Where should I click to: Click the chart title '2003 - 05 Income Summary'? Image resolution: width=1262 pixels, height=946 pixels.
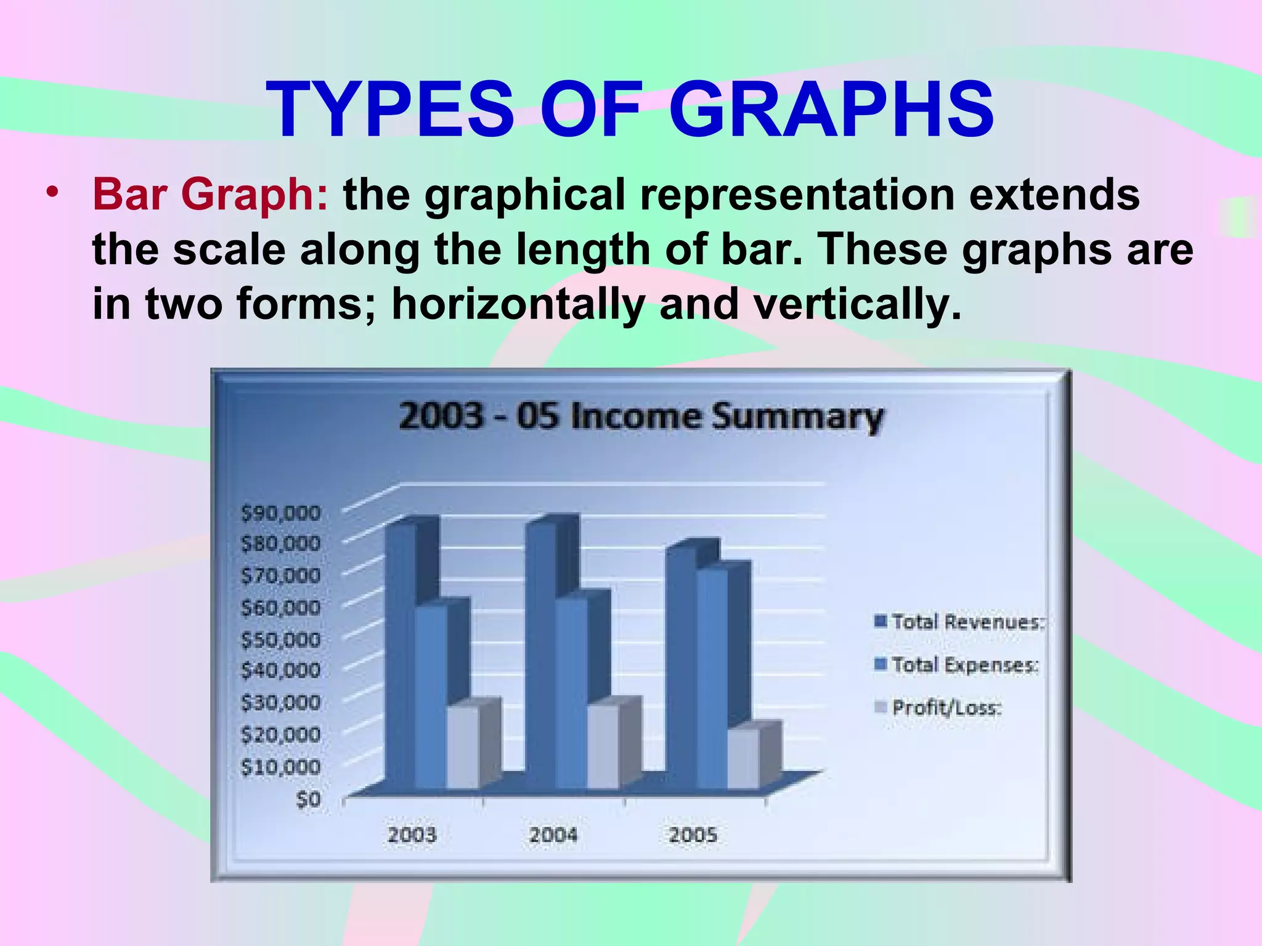click(641, 417)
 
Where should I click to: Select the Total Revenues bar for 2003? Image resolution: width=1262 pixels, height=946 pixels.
click(400, 653)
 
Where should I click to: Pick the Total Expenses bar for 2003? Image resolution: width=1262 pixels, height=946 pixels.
click(431, 696)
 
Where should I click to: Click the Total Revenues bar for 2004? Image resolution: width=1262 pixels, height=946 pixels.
click(540, 653)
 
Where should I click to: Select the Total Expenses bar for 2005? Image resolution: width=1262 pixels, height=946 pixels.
click(712, 677)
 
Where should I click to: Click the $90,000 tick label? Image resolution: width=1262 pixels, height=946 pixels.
click(280, 513)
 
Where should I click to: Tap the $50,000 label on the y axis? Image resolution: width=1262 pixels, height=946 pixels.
click(280, 640)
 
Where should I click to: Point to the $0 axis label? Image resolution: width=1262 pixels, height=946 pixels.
click(308, 799)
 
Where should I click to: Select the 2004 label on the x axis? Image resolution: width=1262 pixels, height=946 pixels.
click(553, 835)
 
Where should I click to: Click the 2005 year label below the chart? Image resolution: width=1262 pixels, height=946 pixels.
click(693, 835)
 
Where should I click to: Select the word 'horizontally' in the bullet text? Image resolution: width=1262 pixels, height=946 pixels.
click(518, 304)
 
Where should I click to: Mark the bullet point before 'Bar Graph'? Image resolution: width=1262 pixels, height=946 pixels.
click(54, 192)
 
